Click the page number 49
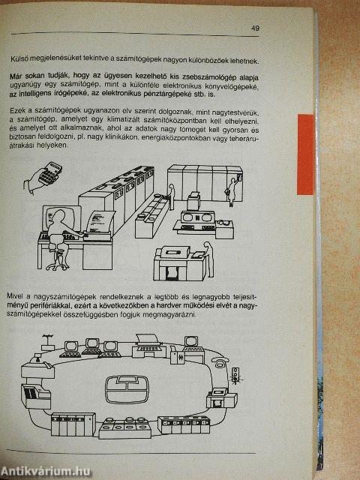click(256, 28)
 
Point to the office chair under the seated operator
click(58, 259)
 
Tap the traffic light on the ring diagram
click(238, 375)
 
